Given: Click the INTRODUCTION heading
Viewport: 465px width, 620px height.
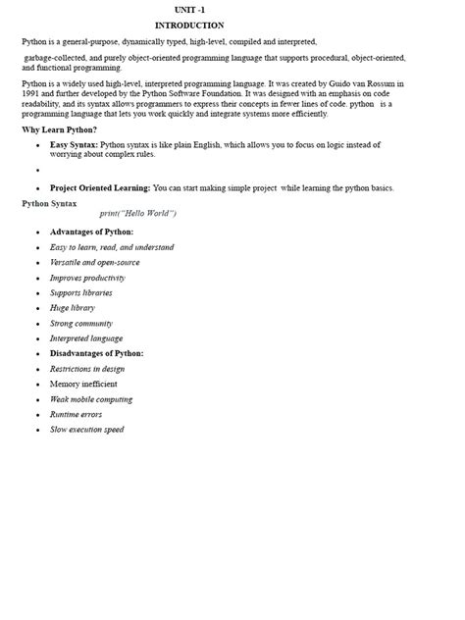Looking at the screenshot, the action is tap(189, 26).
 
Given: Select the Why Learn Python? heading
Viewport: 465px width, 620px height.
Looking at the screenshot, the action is tap(60, 129).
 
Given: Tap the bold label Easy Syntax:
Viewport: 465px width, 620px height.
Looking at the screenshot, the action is tap(74, 144).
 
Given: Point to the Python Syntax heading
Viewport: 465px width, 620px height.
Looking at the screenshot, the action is tap(49, 203).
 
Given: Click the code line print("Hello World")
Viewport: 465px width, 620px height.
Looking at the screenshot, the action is tap(138, 214).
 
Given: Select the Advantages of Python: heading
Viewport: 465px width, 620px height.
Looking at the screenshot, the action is tap(91, 232).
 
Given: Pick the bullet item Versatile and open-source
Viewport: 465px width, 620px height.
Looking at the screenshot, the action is tap(94, 263).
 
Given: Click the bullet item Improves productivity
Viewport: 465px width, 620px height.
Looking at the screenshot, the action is tap(87, 278).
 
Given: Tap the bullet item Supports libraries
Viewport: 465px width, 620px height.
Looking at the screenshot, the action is tap(80, 292).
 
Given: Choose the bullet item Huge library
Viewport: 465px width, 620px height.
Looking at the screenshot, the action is tap(72, 308).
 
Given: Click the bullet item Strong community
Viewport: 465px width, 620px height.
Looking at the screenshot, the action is tap(80, 323).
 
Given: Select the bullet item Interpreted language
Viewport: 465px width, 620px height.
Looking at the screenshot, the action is tap(86, 338).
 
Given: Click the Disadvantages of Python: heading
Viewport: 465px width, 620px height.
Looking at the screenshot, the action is tap(96, 353).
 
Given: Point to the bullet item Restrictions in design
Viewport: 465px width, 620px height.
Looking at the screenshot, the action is tap(87, 369).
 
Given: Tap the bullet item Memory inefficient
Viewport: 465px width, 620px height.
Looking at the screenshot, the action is tap(83, 384).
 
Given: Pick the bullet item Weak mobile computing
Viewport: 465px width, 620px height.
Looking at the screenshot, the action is tap(91, 399).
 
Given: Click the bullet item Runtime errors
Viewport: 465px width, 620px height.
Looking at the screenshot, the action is tap(76, 414).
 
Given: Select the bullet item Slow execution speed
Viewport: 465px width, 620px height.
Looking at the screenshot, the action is tap(86, 430).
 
